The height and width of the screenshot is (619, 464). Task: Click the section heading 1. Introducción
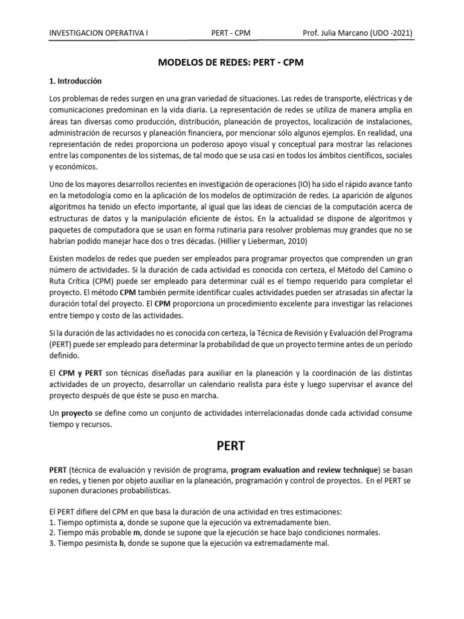click(x=76, y=80)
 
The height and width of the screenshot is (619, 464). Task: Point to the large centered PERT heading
click(x=232, y=448)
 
